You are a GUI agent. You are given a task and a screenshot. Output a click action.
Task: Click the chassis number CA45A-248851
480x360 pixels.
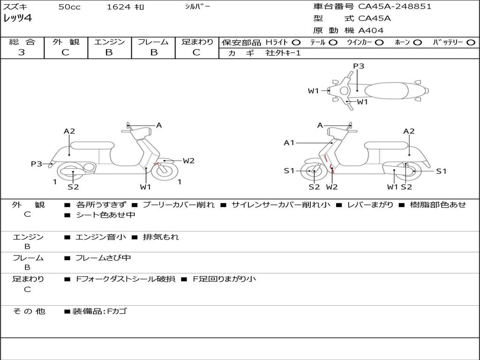395,7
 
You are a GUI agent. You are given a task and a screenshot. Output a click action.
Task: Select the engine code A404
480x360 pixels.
371,30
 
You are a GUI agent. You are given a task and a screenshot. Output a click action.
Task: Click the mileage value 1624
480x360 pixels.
119,7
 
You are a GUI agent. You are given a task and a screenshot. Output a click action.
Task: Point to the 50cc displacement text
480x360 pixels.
69,7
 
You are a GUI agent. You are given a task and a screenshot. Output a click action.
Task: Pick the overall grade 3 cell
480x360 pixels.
22,52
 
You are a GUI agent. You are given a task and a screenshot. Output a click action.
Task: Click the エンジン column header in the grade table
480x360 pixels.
109,42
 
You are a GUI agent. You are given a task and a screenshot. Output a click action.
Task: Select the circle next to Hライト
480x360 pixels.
296,42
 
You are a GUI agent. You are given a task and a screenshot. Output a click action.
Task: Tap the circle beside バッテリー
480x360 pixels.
471,42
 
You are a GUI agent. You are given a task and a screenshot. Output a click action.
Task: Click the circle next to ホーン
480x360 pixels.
417,42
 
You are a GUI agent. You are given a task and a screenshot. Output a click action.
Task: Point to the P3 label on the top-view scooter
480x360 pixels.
359,66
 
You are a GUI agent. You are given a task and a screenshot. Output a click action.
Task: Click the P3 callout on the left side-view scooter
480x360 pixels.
37,164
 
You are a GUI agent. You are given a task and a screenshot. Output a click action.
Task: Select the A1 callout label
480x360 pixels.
289,142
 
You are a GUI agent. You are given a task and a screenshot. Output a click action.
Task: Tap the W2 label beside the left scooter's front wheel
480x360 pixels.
188,161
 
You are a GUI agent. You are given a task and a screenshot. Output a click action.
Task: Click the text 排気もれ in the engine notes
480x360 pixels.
161,237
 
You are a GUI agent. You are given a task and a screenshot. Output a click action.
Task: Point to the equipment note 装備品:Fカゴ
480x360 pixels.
99,311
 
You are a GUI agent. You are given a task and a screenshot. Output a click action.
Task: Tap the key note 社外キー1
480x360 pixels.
283,53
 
